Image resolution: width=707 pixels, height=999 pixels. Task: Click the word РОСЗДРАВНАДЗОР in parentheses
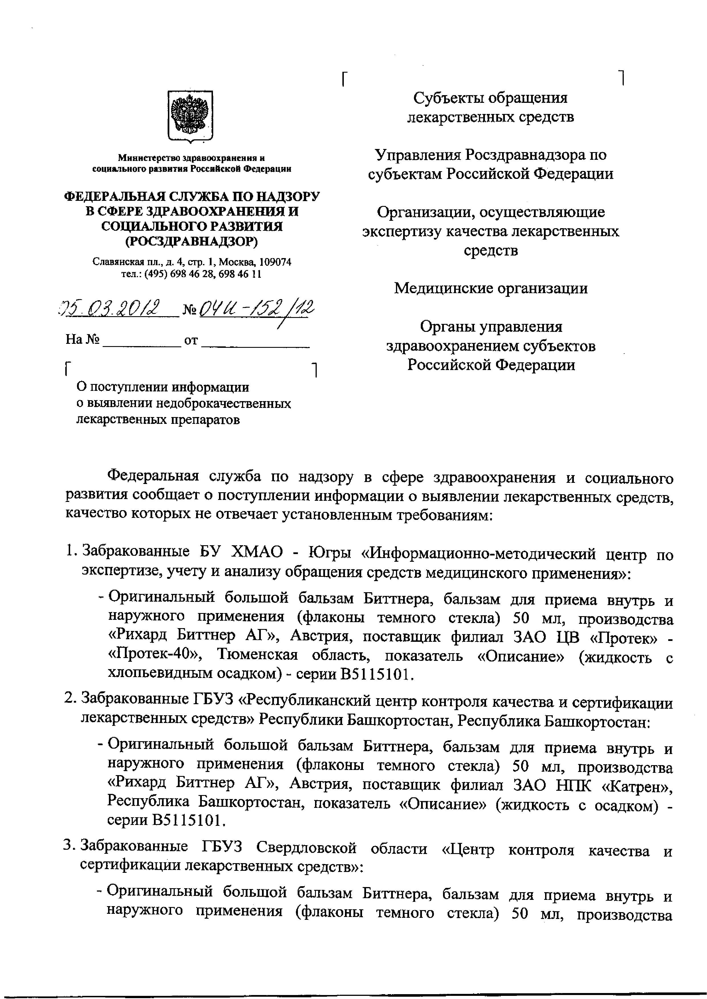point(191,241)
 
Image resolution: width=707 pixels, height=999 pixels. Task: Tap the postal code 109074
point(275,262)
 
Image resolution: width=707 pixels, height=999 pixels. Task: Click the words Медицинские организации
point(491,288)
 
